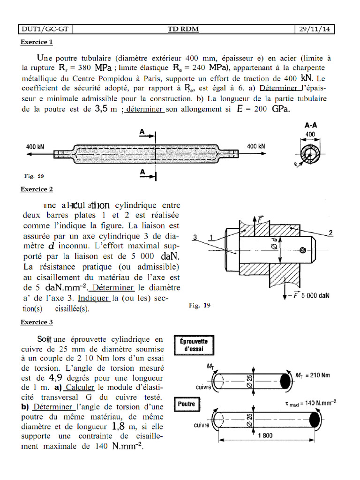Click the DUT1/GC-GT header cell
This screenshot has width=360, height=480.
click(x=45, y=30)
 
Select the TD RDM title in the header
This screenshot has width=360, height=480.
click(x=183, y=30)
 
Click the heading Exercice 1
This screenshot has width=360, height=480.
click(x=37, y=43)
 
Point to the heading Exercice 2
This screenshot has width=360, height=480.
click(x=37, y=189)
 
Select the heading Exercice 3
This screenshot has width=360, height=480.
click(x=37, y=322)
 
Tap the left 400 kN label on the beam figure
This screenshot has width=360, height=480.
click(x=35, y=146)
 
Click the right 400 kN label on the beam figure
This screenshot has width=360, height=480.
click(x=255, y=146)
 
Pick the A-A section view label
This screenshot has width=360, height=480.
click(x=312, y=126)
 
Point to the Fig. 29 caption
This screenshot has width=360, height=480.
click(x=34, y=176)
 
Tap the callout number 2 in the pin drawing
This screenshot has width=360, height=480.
click(x=330, y=233)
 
